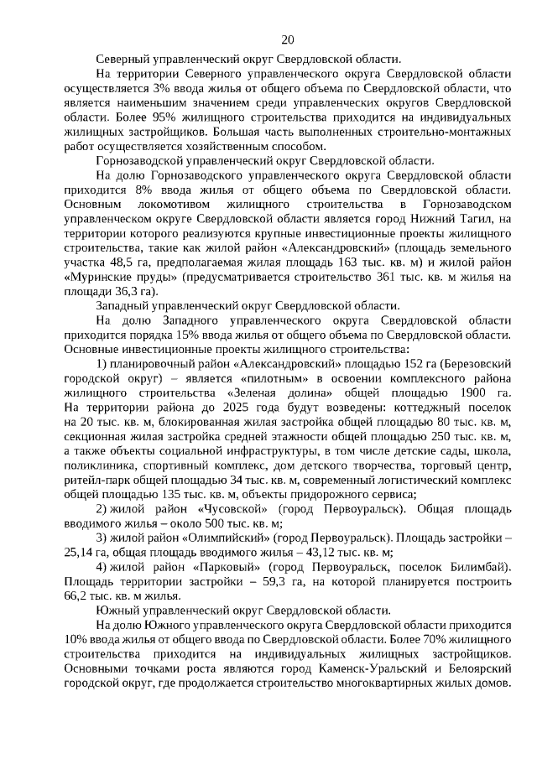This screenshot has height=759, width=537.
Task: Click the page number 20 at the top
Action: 287,39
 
